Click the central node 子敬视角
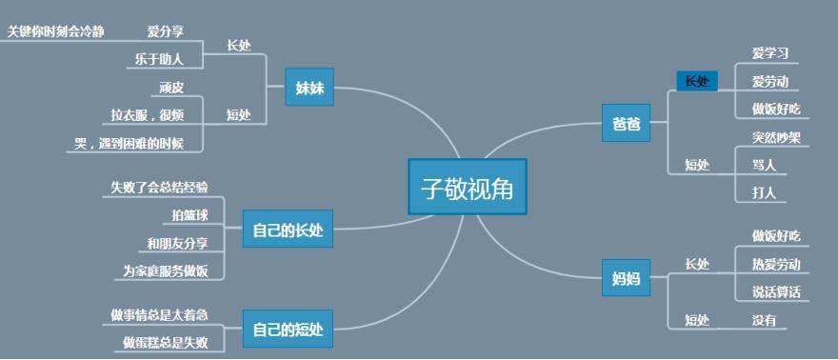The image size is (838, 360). (467, 188)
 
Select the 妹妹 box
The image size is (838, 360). (309, 89)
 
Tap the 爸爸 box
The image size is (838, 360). (626, 124)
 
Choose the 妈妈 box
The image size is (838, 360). (626, 279)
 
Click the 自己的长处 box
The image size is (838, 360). (288, 230)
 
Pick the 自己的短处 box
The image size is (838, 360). (288, 330)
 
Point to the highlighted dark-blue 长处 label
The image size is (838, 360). (697, 81)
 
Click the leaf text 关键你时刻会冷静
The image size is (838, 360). (55, 31)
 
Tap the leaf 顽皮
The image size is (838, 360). (171, 88)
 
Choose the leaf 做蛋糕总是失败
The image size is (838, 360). (165, 341)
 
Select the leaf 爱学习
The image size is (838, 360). (769, 52)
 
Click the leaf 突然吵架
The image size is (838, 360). (776, 137)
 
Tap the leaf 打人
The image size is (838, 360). (764, 192)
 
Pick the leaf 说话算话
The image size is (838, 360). (776, 291)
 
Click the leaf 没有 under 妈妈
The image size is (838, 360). (764, 320)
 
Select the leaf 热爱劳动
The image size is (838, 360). (776, 264)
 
